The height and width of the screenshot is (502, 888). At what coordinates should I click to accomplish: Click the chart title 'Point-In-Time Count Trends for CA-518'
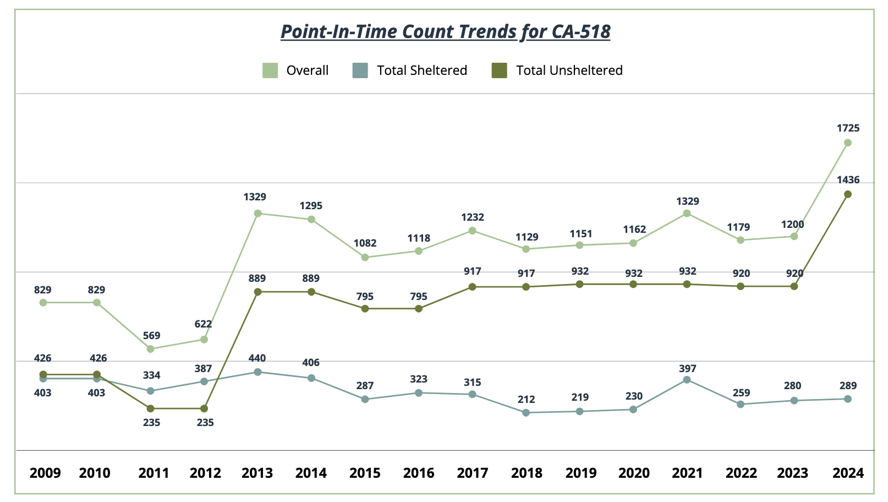[445, 31]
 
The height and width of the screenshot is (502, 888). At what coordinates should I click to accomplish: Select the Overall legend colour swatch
[270, 70]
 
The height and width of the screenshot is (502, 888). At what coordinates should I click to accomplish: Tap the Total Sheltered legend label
[421, 70]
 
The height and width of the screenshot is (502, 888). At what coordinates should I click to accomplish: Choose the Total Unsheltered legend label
[569, 70]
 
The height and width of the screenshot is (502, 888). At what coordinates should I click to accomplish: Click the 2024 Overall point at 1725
[848, 143]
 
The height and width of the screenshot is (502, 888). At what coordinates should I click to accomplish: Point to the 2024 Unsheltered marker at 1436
[848, 194]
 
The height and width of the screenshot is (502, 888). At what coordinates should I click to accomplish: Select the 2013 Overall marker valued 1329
[257, 213]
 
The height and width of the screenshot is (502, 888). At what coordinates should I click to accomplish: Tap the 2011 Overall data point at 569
[150, 349]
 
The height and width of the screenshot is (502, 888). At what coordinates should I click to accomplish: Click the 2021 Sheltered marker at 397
[687, 380]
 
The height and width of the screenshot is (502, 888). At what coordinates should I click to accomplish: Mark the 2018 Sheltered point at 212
[526, 413]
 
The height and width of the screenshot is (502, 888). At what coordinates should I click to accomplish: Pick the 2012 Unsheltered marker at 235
[204, 408]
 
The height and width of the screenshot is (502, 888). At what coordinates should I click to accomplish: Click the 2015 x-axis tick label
[365, 473]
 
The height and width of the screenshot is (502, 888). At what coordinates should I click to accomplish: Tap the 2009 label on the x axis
[45, 473]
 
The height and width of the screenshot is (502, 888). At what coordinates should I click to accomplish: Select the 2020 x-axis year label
[634, 473]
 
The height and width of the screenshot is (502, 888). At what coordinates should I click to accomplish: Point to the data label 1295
[311, 206]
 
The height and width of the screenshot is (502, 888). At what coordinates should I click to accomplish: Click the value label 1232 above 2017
[472, 217]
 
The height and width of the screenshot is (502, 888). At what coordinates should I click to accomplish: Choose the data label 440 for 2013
[257, 358]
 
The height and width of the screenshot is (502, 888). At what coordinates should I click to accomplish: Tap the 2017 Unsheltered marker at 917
[472, 287]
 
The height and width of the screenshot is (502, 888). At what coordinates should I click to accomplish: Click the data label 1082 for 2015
[365, 243]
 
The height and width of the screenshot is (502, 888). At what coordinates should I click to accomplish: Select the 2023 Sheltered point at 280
[794, 401]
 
